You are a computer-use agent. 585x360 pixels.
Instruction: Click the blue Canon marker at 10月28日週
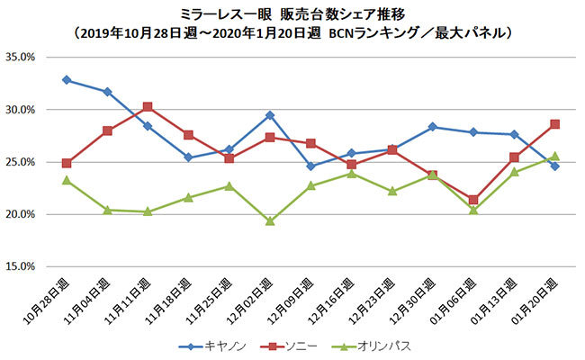67,79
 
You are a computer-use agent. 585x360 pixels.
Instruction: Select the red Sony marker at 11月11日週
148,106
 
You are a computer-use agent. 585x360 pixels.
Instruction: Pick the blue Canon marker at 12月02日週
269,115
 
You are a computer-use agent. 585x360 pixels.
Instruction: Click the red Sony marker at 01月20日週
554,124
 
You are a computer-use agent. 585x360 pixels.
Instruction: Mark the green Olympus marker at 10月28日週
67,180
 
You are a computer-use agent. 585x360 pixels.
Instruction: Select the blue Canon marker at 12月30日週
433,127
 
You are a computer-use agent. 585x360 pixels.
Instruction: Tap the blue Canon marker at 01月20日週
554,166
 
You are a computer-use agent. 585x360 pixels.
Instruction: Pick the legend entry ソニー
301,345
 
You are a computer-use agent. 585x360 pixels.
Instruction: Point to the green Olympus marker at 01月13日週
514,172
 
